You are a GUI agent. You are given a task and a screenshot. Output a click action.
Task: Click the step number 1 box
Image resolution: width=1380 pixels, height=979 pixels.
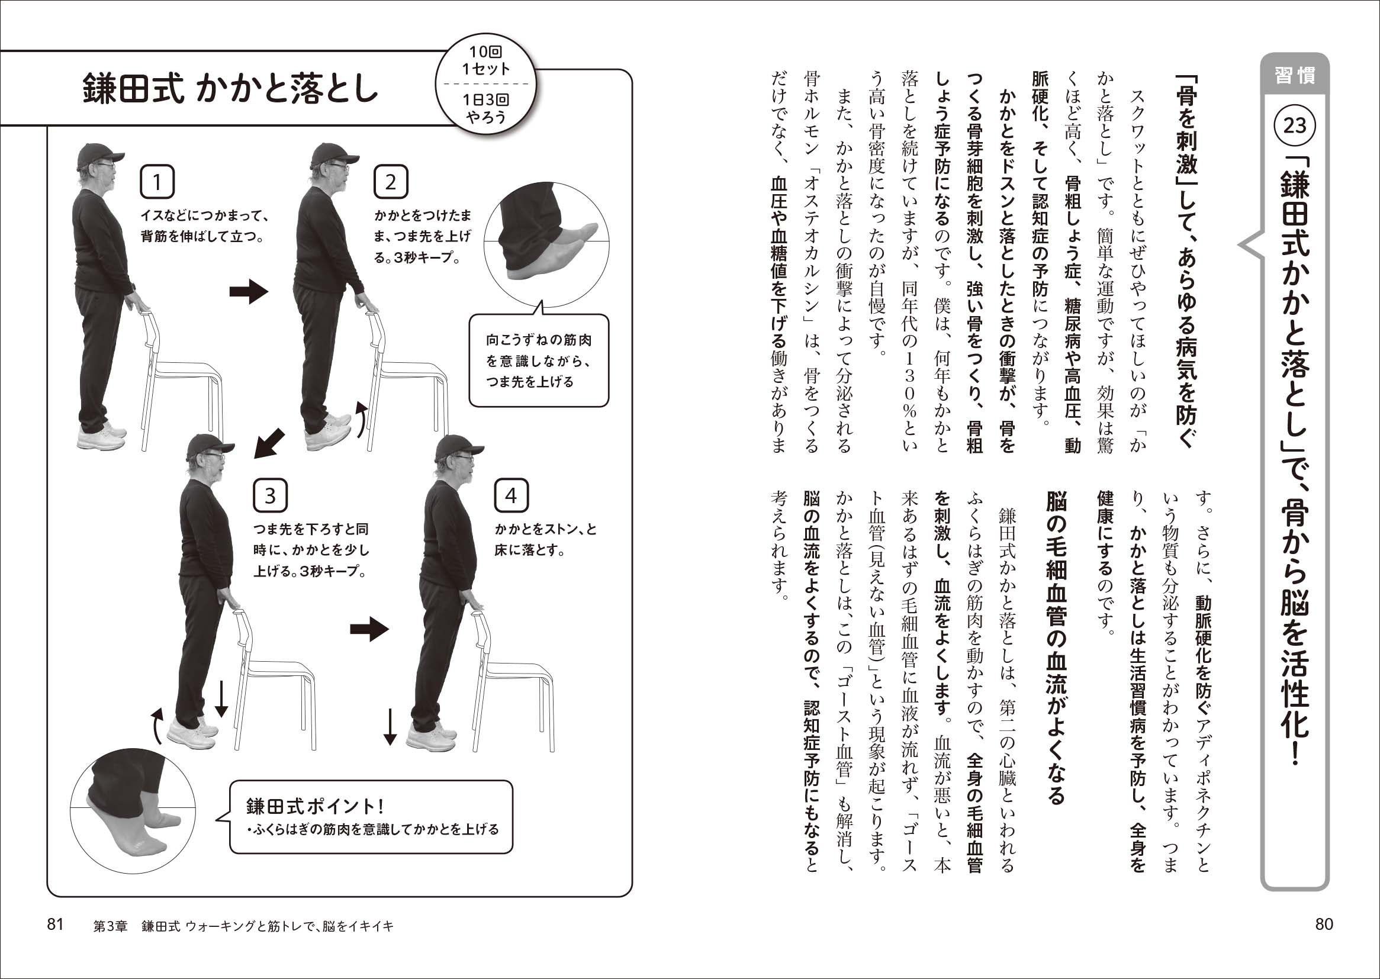[157, 182]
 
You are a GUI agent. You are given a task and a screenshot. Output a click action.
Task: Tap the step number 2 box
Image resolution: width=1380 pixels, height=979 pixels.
[391, 182]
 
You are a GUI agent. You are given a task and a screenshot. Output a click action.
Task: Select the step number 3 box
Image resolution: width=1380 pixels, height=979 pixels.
[270, 495]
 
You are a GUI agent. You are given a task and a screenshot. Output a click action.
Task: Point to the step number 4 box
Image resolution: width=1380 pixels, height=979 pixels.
[512, 495]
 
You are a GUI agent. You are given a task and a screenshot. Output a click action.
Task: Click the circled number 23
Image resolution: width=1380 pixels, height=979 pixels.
[1294, 125]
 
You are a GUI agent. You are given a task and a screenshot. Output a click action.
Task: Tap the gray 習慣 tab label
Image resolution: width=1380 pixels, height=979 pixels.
[1294, 75]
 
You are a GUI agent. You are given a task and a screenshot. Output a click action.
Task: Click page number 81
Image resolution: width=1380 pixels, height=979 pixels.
[56, 924]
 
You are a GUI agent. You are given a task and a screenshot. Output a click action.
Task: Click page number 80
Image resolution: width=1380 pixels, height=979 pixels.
[1324, 924]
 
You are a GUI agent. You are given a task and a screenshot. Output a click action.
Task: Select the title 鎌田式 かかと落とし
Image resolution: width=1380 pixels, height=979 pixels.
[230, 89]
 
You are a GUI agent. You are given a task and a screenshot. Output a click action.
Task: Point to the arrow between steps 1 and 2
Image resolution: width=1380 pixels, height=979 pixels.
[249, 292]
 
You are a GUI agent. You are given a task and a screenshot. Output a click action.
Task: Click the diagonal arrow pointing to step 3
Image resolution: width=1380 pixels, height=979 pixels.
[269, 443]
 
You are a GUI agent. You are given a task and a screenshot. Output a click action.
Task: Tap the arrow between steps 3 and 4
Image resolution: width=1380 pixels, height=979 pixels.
[369, 629]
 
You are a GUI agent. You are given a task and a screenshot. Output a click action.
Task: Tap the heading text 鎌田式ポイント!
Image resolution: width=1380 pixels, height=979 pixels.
[315, 806]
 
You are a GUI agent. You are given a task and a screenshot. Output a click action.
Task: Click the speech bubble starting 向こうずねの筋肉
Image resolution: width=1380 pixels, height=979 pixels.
[538, 360]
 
